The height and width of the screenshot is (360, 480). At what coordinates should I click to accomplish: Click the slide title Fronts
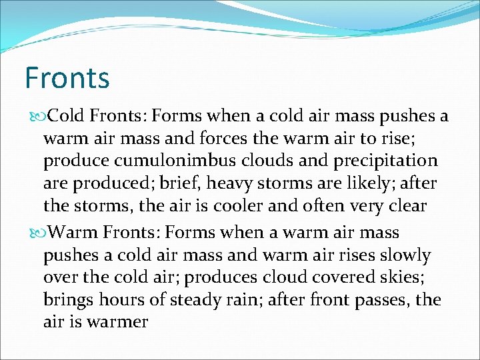pos(67,78)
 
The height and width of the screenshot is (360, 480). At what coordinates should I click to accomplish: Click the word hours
pos(127,300)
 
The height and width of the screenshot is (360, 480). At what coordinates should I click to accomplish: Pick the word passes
pos(378,300)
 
